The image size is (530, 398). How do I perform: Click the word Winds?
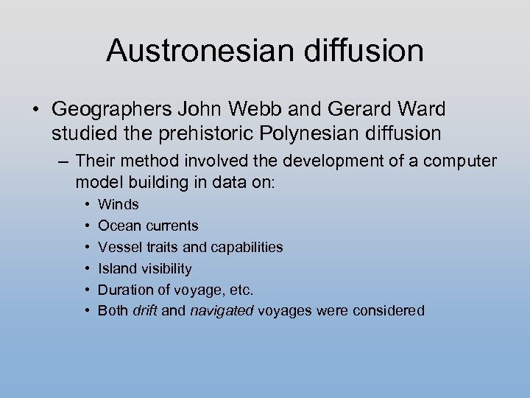tap(119, 204)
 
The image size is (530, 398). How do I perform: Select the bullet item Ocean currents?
tap(148, 226)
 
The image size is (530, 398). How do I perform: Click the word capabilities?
tap(246, 247)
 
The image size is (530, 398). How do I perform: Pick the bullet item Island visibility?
tap(145, 268)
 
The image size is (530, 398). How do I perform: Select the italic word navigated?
tap(221, 311)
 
